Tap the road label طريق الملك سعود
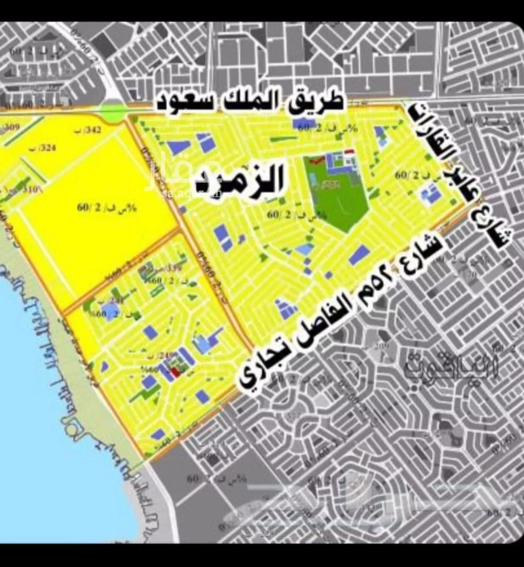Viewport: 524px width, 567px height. (x=250, y=101)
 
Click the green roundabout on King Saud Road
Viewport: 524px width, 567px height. (x=113, y=112)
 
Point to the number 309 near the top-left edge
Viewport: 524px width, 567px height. (x=12, y=126)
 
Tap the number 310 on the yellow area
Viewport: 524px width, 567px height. (x=32, y=189)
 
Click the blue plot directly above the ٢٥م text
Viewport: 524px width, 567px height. (x=359, y=255)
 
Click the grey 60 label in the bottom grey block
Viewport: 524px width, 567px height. (x=193, y=478)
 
